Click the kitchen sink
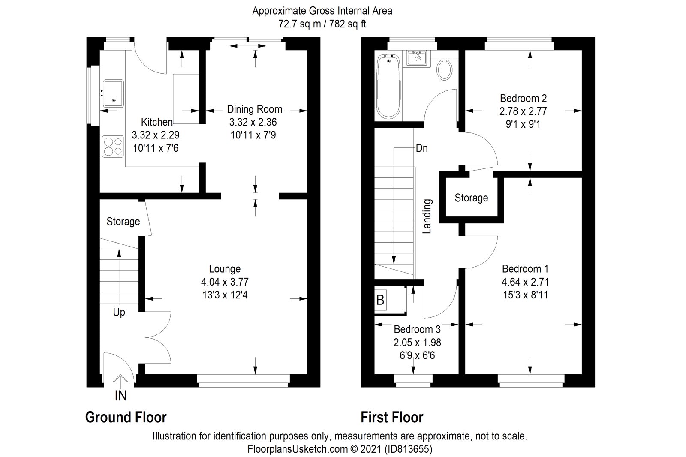point(113,93)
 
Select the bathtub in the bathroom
point(389,87)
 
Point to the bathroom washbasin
point(417,57)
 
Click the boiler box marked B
point(380,300)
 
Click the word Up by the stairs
point(119,312)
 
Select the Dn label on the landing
point(421,148)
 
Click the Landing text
point(427,216)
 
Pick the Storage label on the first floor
point(471,198)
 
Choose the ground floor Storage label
point(123,221)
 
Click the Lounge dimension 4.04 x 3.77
point(225,282)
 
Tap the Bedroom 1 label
point(525,269)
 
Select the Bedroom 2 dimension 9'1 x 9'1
point(523,124)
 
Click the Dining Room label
point(254,109)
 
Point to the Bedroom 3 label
point(417,329)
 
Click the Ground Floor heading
point(126,417)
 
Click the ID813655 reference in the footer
point(407,449)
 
